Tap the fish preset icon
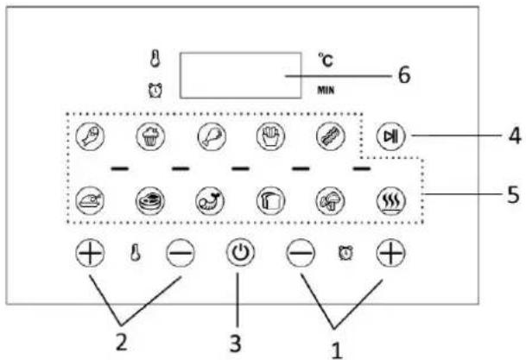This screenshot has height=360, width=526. pyautogui.click(x=90, y=136)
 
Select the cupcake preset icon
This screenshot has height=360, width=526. pyautogui.click(x=150, y=136)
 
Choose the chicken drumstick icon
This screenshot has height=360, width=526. pyautogui.click(x=212, y=136)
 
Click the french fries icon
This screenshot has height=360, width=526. pyautogui.click(x=270, y=136)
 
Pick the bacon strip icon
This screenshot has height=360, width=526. pyautogui.click(x=331, y=136)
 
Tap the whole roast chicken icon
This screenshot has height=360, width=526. pyautogui.click(x=90, y=201)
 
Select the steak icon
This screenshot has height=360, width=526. pyautogui.click(x=150, y=201)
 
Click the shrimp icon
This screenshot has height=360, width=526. pyautogui.click(x=210, y=201)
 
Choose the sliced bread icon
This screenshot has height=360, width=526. pyautogui.click(x=270, y=201)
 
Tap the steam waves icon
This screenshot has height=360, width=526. pyautogui.click(x=391, y=201)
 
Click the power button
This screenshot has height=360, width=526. pyautogui.click(x=240, y=252)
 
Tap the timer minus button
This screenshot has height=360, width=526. pyautogui.click(x=301, y=252)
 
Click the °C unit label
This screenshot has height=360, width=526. pyautogui.click(x=326, y=60)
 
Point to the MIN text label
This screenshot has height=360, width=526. pyautogui.click(x=326, y=90)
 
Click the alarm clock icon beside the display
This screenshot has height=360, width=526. pyautogui.click(x=155, y=90)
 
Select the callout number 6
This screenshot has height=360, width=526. pyautogui.click(x=404, y=75)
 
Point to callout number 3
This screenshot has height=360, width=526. pyautogui.click(x=235, y=344)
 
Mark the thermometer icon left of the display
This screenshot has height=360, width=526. pyautogui.click(x=155, y=59)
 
